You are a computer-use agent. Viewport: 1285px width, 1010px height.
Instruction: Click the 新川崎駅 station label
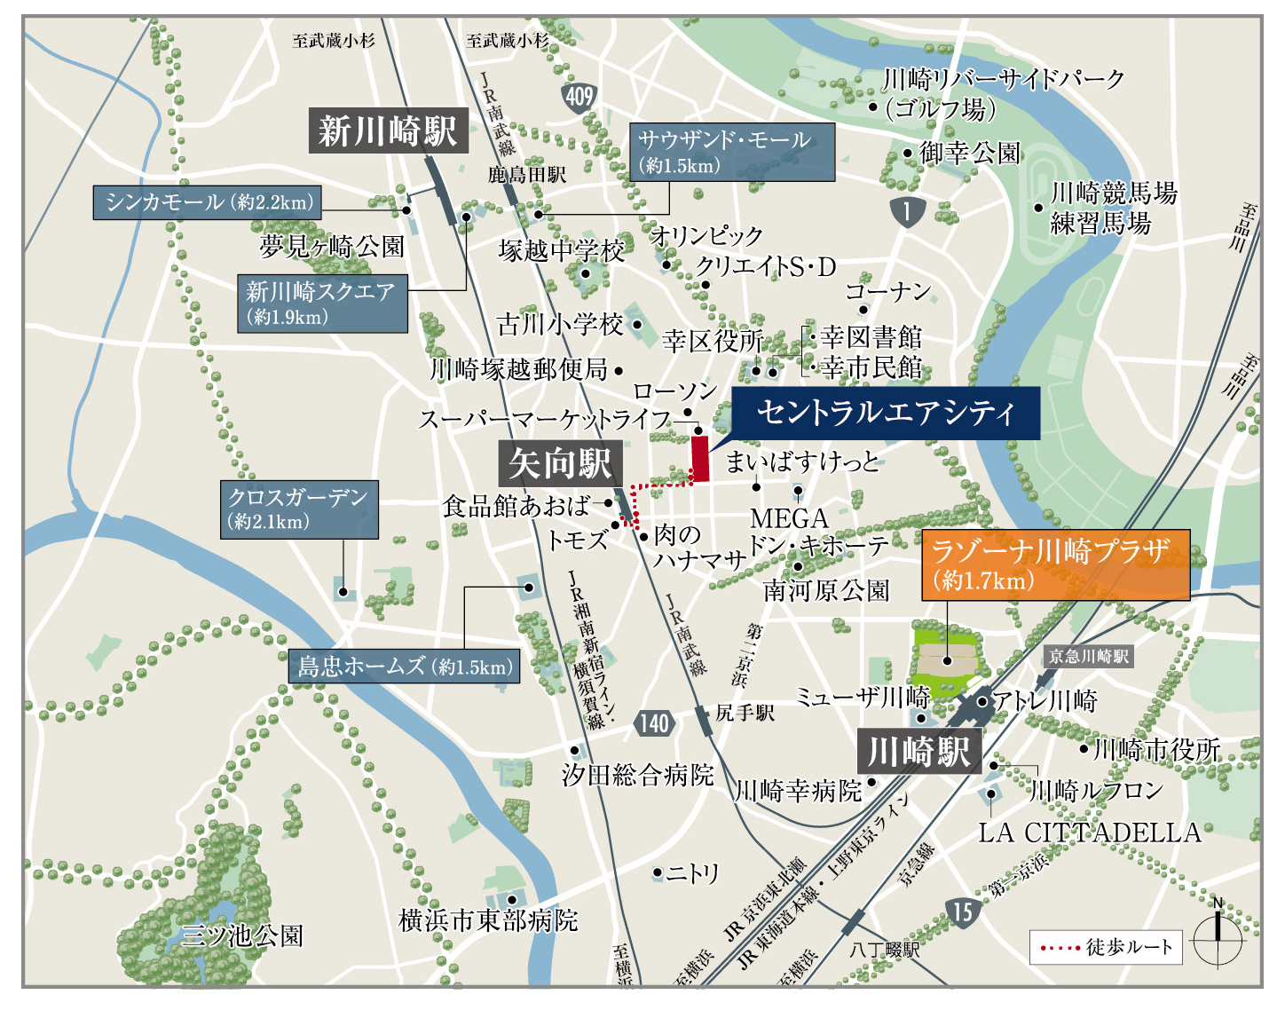coord(388,131)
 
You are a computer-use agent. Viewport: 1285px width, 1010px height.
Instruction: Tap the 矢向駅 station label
coord(560,463)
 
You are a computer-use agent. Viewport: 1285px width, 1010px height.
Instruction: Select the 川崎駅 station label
coord(919,752)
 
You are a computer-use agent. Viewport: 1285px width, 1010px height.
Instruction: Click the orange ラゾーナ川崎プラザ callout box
coord(1055,565)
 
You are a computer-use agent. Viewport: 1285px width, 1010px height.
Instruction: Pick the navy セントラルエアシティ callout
coord(885,413)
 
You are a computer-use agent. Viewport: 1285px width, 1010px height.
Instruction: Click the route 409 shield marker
coord(579,96)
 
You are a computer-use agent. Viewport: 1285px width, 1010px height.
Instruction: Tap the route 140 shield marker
coord(654,723)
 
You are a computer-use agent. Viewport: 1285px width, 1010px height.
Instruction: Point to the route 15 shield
coord(963,911)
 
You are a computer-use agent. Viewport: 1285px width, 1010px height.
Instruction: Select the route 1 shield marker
coord(907,211)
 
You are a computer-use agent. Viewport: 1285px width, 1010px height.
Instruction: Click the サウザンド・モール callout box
coord(732,152)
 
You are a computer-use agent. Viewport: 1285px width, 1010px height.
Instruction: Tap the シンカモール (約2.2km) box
coord(207,202)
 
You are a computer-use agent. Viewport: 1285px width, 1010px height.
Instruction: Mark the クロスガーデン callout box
coord(299,509)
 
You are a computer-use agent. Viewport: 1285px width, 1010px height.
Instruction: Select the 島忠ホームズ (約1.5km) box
coord(405,666)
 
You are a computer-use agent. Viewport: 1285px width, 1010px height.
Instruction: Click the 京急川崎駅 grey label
coord(1088,657)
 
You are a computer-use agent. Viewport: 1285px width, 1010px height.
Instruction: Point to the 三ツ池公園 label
coord(241,935)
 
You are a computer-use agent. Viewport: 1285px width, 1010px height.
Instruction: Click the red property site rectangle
coord(700,458)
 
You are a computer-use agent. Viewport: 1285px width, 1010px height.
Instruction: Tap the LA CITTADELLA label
coord(1089,832)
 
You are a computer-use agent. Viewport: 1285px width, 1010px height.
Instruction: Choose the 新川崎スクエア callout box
coord(321,304)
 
